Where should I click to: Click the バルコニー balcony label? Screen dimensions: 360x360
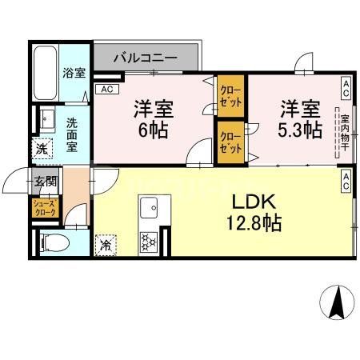coord(144,58)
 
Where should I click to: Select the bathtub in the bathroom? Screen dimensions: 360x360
coord(46,73)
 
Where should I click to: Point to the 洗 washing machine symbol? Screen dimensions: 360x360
coord(41,149)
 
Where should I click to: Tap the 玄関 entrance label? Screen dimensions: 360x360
coord(43,182)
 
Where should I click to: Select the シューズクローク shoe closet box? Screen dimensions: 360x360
coord(43,209)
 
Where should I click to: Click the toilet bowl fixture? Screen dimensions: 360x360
coord(50,240)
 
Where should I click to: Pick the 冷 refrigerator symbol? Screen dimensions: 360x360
coord(105,245)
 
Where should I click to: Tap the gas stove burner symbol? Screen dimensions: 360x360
coord(147,241)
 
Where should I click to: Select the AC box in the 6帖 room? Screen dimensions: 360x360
coord(106,90)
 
